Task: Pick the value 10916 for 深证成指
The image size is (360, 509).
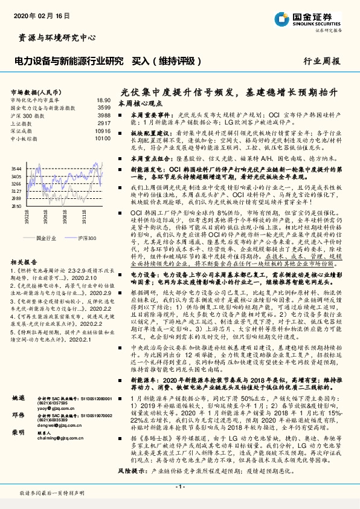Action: coord(103,130)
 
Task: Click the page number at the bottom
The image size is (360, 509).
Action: coord(179,487)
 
